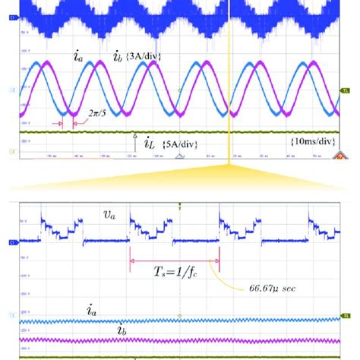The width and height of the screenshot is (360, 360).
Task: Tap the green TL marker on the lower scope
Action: (346, 314)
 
